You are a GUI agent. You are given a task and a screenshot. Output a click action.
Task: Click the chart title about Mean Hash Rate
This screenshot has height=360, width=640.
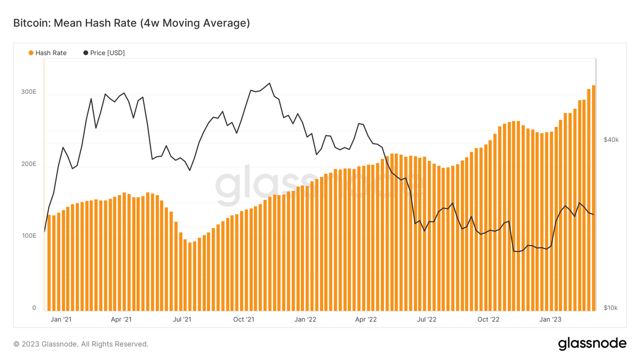tap(131, 23)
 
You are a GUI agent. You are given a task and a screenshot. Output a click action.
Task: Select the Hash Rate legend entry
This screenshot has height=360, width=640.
tap(47, 53)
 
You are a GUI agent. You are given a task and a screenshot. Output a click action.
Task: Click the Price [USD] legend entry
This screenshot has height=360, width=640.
tap(104, 53)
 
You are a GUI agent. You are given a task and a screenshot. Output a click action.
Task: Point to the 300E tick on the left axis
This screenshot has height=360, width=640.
tap(29, 92)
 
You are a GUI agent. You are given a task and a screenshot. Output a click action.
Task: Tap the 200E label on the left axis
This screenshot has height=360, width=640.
tap(29, 164)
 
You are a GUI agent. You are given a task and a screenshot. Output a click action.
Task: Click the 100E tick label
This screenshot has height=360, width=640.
tap(29, 235)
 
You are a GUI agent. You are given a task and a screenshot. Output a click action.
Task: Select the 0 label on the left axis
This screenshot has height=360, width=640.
tap(34, 308)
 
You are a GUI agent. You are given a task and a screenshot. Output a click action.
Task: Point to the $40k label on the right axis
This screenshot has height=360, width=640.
tap(611, 140)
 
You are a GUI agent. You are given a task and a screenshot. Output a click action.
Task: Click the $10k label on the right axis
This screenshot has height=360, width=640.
tap(611, 308)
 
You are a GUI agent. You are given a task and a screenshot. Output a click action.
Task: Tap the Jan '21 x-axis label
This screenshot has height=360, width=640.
tap(60, 319)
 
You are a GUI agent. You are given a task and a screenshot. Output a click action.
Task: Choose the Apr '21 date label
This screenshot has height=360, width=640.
tap(121, 319)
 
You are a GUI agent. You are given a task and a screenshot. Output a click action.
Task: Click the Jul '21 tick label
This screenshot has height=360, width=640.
tap(182, 319)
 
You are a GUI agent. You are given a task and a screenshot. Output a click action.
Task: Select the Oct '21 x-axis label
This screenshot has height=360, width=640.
tap(244, 319)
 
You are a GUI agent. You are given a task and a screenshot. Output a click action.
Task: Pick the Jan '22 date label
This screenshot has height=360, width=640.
tap(305, 319)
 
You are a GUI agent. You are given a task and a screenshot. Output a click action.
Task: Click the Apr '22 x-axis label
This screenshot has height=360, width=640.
tap(366, 319)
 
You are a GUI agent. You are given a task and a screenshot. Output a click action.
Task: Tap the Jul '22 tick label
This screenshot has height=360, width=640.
tap(427, 319)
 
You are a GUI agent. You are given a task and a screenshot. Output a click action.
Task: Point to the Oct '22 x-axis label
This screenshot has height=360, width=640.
tap(489, 319)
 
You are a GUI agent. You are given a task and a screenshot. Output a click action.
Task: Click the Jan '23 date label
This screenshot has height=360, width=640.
tap(550, 319)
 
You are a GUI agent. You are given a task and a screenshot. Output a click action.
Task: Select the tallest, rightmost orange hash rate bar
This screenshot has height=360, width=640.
tap(594, 197)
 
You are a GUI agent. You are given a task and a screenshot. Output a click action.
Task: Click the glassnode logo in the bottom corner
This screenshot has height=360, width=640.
tap(592, 344)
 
